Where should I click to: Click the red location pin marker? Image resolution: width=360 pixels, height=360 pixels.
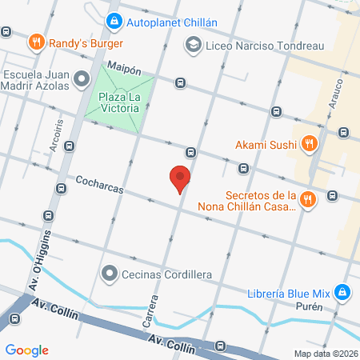tap(180, 179)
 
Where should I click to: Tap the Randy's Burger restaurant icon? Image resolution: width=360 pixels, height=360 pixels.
tap(35, 41)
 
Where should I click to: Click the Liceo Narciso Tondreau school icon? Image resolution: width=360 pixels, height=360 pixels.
tap(193, 46)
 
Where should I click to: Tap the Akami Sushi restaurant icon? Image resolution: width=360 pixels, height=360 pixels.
tap(310, 145)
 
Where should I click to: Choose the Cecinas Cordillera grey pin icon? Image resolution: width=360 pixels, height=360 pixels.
tap(110, 274)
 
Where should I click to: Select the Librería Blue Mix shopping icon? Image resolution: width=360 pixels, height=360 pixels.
tap(342, 293)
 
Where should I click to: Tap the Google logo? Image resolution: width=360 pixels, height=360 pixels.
tap(26, 350)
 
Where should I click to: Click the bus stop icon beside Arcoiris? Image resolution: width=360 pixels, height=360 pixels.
tap(70, 146)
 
